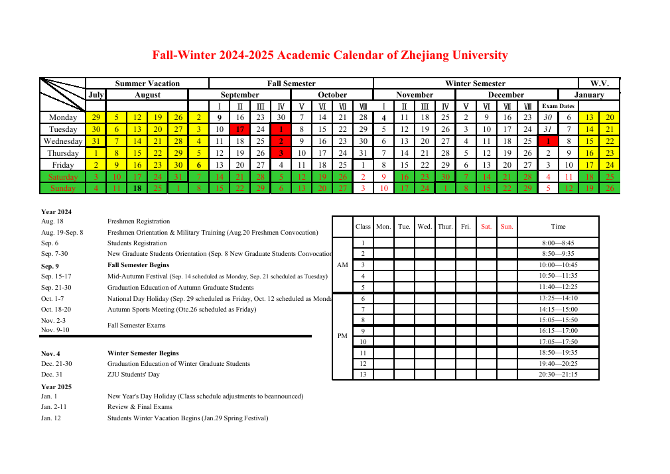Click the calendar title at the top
(x=330, y=55)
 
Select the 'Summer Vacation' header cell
(x=147, y=84)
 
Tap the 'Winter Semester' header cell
(x=475, y=84)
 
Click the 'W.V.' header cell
(x=599, y=84)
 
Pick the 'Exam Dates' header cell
(x=558, y=106)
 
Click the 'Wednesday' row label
(x=63, y=141)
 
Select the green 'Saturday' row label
(x=63, y=177)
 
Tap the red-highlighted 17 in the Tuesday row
(x=239, y=129)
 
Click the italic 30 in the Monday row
(x=548, y=117)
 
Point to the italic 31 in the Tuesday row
(x=548, y=129)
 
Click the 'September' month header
(x=239, y=95)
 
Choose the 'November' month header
(x=415, y=95)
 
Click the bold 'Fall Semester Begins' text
(x=138, y=265)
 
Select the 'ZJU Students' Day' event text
(x=133, y=375)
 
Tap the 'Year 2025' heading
(x=56, y=386)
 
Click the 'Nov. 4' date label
(x=52, y=353)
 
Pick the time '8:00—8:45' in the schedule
(x=558, y=243)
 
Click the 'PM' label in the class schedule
(x=342, y=336)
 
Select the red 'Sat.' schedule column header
(x=486, y=227)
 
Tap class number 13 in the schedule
(x=363, y=375)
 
